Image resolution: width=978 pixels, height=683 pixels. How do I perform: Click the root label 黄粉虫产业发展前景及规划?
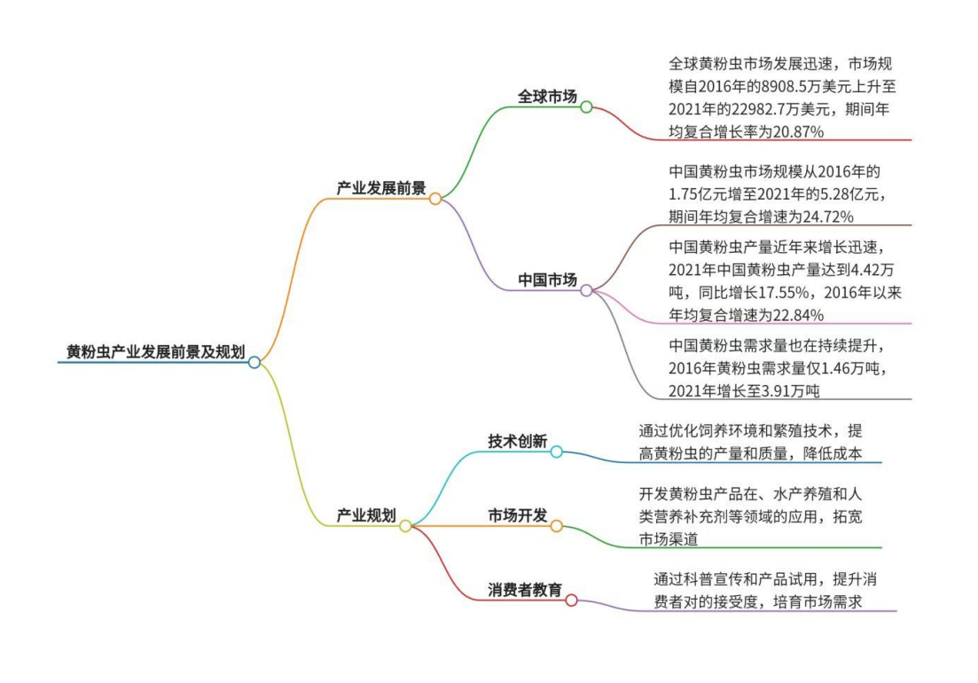155,352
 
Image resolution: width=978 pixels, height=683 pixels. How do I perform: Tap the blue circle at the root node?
254,363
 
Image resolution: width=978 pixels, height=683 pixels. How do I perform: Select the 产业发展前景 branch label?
381,188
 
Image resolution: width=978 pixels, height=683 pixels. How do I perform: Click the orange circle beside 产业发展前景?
435,199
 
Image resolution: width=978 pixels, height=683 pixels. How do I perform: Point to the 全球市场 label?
547,97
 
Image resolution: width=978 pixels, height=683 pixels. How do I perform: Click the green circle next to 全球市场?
586,107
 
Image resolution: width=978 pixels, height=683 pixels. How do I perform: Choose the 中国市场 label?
547,280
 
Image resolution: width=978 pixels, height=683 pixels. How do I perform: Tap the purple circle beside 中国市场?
586,291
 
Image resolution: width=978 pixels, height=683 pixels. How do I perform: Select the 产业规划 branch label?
366,515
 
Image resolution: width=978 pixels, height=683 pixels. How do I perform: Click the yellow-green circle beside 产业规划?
405,526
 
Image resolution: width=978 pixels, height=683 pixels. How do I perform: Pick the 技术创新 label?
517,441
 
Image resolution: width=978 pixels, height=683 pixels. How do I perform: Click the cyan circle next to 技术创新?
556,451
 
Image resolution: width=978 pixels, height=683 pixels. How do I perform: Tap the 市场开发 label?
517,515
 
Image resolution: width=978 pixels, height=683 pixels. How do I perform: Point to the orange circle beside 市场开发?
556,526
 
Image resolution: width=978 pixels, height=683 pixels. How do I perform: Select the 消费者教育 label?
525,590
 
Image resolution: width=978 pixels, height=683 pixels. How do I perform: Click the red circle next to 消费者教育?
571,601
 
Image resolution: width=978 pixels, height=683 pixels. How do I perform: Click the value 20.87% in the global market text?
798,131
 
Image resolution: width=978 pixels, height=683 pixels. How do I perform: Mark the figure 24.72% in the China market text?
828,216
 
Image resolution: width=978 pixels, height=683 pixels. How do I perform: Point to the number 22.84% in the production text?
798,315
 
